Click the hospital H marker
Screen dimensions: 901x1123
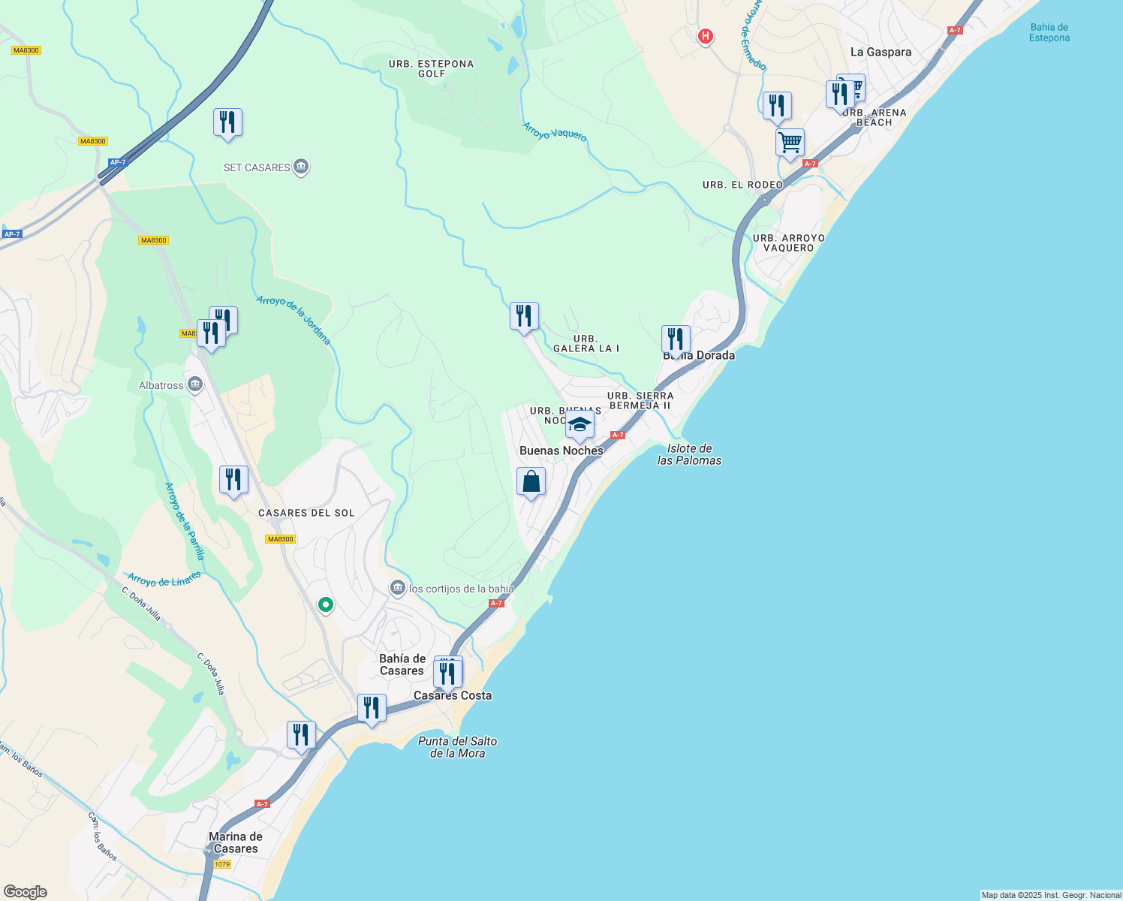click(705, 35)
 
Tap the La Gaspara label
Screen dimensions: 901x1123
click(881, 52)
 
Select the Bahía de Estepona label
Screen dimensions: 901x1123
click(1049, 32)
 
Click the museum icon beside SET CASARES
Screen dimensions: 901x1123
click(301, 167)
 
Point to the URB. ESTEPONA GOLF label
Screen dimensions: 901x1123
click(431, 68)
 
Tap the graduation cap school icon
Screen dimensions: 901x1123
click(580, 425)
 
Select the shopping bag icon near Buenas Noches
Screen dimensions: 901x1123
click(531, 481)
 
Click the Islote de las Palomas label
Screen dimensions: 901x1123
click(689, 454)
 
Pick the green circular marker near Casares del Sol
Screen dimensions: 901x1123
click(325, 604)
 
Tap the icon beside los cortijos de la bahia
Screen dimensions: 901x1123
click(398, 588)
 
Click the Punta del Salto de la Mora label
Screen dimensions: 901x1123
click(457, 747)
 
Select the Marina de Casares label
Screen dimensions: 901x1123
click(236, 842)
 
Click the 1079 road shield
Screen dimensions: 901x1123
click(222, 864)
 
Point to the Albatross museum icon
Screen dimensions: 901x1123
click(195, 385)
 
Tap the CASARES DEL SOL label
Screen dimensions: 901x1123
click(306, 513)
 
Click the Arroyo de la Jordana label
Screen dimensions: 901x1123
click(294, 320)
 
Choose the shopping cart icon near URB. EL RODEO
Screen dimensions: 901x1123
click(790, 141)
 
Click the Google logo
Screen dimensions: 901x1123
click(26, 892)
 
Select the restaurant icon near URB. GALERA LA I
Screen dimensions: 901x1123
click(524, 315)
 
